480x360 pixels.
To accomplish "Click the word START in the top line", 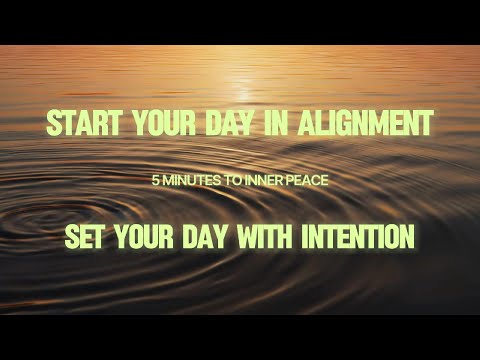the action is click(x=83, y=123).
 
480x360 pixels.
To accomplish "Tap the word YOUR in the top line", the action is click(x=164, y=123).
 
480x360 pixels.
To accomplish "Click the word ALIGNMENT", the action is click(x=365, y=123).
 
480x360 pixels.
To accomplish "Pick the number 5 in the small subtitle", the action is click(x=155, y=181).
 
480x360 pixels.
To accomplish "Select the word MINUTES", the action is click(x=190, y=181).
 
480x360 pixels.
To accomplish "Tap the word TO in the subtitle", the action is click(x=232, y=181).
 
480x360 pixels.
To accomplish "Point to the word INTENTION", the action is click(x=358, y=237).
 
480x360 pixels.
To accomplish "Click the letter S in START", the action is click(x=54, y=123).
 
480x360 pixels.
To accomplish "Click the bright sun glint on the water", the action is click(x=244, y=91).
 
